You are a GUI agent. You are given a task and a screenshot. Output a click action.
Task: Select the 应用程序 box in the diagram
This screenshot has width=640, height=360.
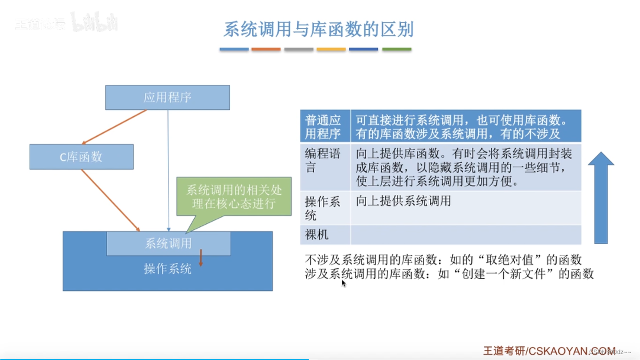(167, 98)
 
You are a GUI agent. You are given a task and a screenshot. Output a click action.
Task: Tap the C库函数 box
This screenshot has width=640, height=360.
(81, 157)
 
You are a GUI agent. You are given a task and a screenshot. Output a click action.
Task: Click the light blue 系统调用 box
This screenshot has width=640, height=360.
(169, 243)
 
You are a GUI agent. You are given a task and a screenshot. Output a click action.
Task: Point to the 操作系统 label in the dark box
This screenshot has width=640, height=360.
(167, 269)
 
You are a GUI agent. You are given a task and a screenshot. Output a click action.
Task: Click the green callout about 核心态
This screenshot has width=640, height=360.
(235, 197)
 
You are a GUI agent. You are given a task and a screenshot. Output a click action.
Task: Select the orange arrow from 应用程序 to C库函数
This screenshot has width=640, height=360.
(115, 127)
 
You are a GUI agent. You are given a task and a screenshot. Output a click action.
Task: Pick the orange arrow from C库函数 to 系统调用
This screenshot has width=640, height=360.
(111, 200)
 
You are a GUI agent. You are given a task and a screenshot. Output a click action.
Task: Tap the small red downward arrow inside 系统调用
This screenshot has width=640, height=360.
(201, 258)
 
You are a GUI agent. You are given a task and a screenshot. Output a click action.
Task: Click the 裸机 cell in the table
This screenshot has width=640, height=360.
(317, 235)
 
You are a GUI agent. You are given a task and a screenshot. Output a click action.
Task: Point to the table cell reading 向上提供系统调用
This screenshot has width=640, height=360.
(404, 202)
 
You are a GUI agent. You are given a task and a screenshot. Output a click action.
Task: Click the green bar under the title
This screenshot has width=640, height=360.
(396, 50)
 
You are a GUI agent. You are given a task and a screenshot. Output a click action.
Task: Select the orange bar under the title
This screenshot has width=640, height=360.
(266, 50)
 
